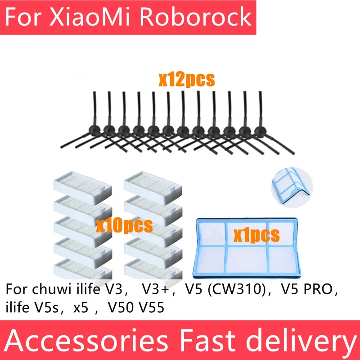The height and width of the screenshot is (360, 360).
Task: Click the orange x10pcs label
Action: pos(124,224)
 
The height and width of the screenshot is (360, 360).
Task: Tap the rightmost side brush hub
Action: pos(260,131)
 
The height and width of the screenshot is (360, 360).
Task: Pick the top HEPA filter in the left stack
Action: pos(82,183)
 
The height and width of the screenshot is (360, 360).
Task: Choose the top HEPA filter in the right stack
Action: pos(153,183)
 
